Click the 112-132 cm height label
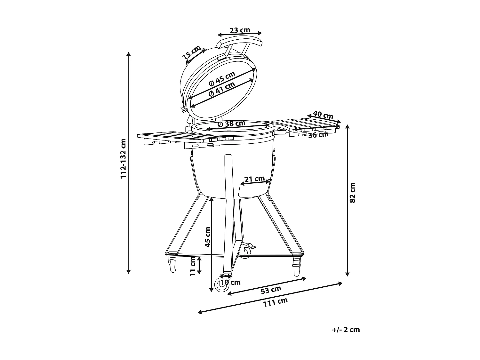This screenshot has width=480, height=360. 123,158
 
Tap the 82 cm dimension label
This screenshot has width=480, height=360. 352,193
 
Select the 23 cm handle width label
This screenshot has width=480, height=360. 240,30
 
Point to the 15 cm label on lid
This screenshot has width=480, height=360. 192,52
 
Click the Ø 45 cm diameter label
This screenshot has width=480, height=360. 222,79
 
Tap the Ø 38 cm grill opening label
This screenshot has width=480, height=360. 232,124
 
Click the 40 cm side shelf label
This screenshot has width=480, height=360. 323,115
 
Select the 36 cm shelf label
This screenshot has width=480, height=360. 318,135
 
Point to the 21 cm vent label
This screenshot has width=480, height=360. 254,179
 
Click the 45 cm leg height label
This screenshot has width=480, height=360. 207,237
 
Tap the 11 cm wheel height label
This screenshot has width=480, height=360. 192,266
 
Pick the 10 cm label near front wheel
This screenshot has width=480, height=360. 230,283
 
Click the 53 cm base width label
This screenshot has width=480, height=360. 271,290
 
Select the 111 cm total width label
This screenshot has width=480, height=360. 275,302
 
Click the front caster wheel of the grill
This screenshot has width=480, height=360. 221,285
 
